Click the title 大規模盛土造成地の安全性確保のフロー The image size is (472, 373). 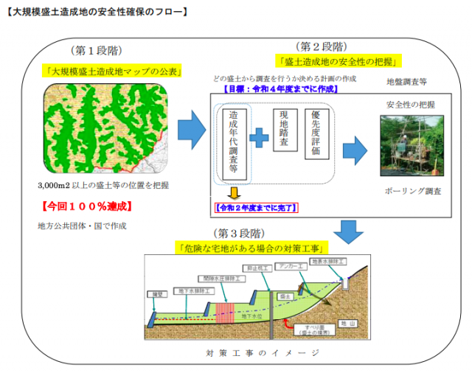click(96, 12)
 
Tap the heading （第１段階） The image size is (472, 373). click(97, 50)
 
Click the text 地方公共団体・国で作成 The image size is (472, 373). click(82, 226)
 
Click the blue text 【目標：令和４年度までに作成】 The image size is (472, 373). click(280, 88)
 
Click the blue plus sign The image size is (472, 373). click(258, 137)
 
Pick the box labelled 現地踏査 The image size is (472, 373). click(285, 130)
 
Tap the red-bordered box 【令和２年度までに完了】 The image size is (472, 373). click(255, 209)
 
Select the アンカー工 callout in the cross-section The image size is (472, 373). click(288, 266)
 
